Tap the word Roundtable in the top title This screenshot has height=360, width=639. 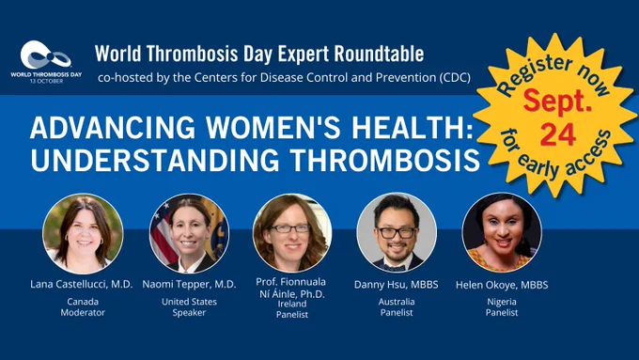point(379,54)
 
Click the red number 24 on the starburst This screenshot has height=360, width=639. point(558,134)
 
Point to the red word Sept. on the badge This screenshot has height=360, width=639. point(557,101)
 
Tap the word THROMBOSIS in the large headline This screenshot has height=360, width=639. point(385,160)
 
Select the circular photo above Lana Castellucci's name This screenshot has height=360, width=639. point(83,234)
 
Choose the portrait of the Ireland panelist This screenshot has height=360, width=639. point(292,233)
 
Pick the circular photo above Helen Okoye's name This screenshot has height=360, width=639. point(502,233)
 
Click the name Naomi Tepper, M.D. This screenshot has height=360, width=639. point(189,284)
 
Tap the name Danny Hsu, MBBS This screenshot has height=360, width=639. point(397,285)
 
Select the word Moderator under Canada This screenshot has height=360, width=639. point(83,312)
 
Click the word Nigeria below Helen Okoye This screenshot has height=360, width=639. point(502,302)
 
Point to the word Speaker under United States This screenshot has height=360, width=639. point(189,313)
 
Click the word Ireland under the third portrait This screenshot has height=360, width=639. point(292,304)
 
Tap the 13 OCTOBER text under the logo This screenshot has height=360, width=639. point(46,81)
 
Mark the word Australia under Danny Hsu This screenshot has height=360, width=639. point(397,302)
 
